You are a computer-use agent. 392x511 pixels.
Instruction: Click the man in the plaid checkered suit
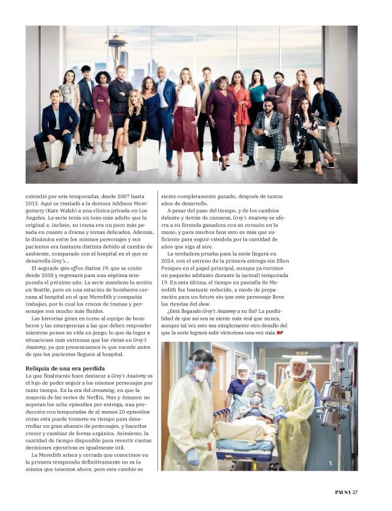point(268,132)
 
